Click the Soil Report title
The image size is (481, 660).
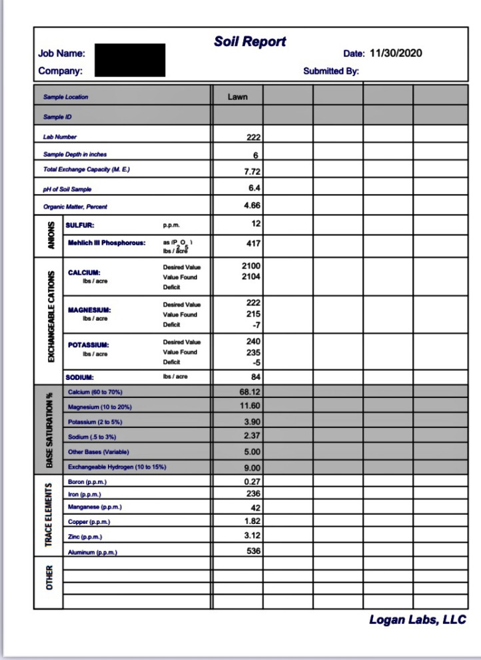[x=250, y=41]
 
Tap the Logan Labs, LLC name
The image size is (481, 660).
[x=418, y=620]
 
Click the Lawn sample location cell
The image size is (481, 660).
[x=237, y=97]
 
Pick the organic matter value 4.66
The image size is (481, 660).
[x=251, y=206]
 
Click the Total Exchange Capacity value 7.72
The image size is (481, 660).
[x=252, y=171]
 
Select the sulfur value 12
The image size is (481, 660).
[x=256, y=223]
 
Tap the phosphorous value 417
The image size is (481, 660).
[x=253, y=243]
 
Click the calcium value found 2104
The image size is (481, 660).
[x=250, y=277]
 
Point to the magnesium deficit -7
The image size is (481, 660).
[x=256, y=325]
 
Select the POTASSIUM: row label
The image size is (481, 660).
[x=88, y=345]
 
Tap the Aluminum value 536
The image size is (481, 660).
[x=253, y=551]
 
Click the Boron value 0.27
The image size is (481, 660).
[x=252, y=481]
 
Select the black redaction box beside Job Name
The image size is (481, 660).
[x=130, y=60]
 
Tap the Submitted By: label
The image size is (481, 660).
[x=331, y=71]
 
